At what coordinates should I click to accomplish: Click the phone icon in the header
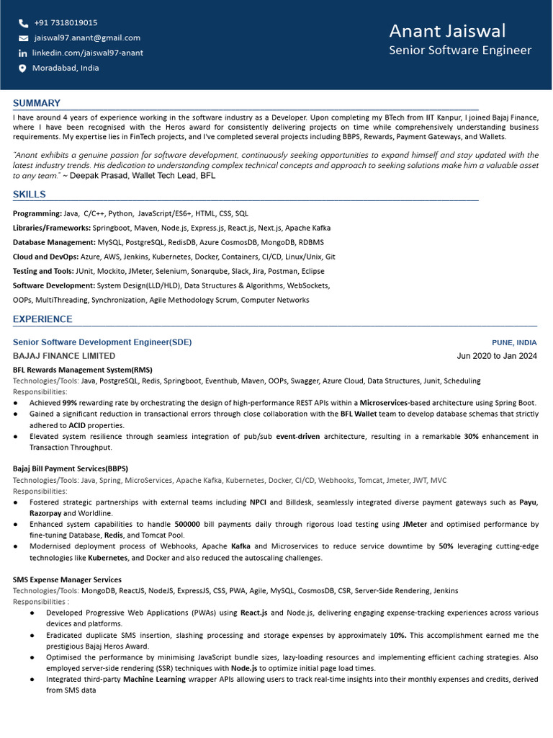pos(23,23)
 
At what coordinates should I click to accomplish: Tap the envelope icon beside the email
pos(23,38)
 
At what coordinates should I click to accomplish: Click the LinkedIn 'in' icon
pos(23,53)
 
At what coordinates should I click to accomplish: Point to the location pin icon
pos(22,68)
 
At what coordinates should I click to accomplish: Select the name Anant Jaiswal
pos(447,31)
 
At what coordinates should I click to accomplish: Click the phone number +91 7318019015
pos(66,23)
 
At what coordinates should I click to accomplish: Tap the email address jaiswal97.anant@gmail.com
pos(87,37)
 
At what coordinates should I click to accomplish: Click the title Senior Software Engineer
pos(460,50)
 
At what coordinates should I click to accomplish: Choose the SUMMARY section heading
pos(37,103)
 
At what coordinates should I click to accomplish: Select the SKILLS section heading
pos(30,194)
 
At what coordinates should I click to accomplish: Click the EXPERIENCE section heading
pos(42,319)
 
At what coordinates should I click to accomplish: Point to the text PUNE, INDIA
pos(514,342)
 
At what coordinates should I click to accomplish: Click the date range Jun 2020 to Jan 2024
pos(497,356)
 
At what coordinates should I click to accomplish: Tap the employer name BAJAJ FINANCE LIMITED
pos(64,356)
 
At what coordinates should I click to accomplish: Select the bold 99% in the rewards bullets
pos(70,403)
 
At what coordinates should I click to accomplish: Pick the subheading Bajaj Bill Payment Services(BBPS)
pos(71,468)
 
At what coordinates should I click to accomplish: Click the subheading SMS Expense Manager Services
pos(67,579)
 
